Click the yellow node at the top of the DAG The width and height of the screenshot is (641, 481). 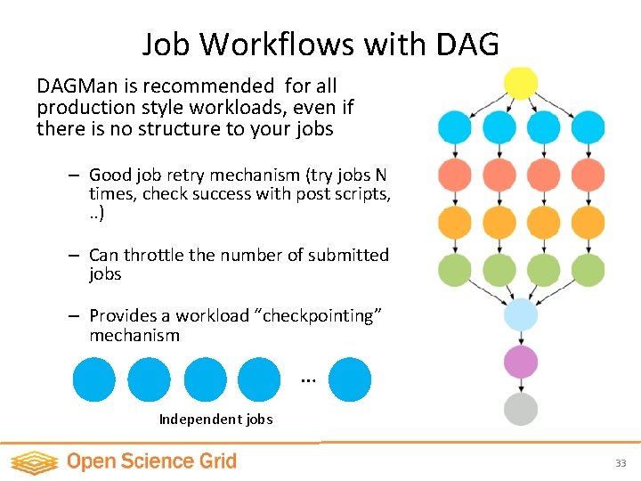point(521,83)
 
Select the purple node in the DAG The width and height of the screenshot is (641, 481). point(521,362)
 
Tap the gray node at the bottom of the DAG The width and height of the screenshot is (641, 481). point(521,409)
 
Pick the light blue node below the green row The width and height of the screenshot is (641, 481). point(521,315)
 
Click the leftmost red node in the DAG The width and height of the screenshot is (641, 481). point(454,175)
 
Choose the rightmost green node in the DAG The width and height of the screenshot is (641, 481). point(588,268)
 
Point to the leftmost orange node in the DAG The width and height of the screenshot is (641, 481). point(454,222)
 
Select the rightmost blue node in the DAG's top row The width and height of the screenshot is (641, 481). point(588,127)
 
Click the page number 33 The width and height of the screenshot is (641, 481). point(621,463)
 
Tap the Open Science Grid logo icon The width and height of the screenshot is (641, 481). point(34,461)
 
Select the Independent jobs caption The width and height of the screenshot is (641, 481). point(215,419)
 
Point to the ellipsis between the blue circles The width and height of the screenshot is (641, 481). point(308,379)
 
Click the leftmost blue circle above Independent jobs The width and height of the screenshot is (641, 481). point(93,379)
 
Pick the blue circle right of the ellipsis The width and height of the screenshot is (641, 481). point(350,379)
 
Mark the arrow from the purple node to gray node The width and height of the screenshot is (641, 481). point(521,385)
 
